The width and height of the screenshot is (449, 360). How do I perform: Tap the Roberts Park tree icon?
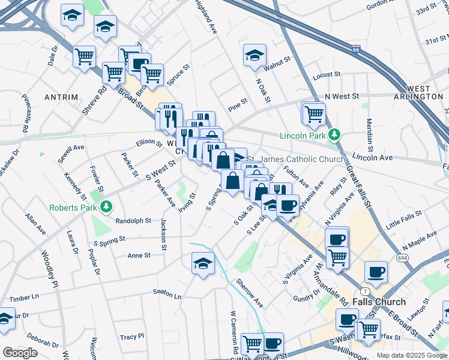106,207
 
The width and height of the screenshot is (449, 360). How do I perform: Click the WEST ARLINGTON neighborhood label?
418,92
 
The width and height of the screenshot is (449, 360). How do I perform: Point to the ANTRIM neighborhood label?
61,97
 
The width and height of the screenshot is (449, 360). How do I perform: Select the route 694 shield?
400,257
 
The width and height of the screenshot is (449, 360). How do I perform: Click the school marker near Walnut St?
255,56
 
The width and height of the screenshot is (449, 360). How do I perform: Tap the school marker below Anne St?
203,263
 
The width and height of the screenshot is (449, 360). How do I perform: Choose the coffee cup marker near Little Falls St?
337,238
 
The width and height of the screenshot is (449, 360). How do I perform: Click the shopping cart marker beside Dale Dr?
84,57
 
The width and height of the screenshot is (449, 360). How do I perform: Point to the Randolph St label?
133,221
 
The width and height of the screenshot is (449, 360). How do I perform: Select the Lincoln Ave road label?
372,157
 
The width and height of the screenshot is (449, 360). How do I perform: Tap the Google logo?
20,353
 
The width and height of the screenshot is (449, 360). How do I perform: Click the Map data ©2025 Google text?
411,355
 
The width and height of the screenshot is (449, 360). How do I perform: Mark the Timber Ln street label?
24,297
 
